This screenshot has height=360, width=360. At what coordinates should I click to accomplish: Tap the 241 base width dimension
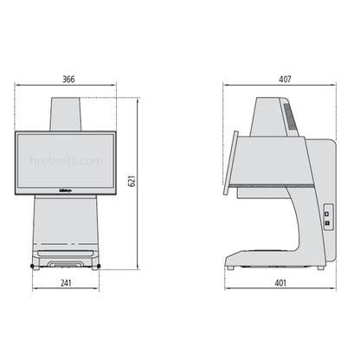click(x=67, y=281)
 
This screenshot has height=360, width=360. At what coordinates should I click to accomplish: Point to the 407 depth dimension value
click(x=283, y=79)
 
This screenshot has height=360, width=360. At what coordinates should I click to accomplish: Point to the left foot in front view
click(x=34, y=265)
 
